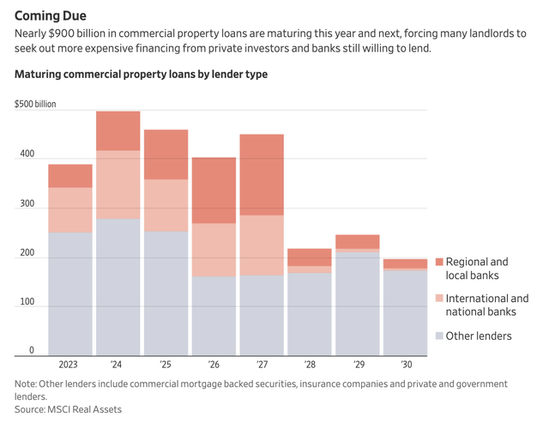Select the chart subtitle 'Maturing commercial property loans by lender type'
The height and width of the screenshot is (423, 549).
coord(141,75)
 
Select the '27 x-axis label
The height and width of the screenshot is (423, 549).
coord(261,364)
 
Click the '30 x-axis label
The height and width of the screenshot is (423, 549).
coord(404,364)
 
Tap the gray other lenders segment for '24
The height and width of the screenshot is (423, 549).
coord(118,287)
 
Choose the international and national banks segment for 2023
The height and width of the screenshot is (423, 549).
coord(69,210)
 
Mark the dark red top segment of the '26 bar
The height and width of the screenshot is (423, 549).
coord(214,190)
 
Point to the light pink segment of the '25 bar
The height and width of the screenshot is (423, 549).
coord(166,205)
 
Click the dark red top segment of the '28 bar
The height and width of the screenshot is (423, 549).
coord(309,257)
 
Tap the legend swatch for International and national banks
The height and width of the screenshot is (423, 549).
coord(439,299)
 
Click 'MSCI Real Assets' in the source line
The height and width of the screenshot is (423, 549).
coord(85,409)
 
